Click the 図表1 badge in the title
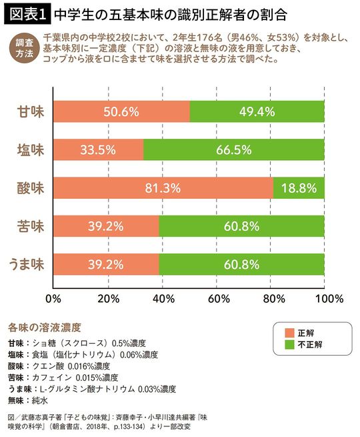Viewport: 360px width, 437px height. pyautogui.click(x=25, y=14)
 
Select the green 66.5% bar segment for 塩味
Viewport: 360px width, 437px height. pyautogui.click(x=233, y=149)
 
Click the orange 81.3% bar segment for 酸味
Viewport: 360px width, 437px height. pyautogui.click(x=163, y=188)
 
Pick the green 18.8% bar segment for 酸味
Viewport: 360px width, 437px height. pyautogui.click(x=299, y=188)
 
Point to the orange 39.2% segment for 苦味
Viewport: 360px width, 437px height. pyautogui.click(x=106, y=226)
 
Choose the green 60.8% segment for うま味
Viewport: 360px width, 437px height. pyautogui.click(x=241, y=265)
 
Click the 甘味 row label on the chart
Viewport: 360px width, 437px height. pyautogui.click(x=30, y=111)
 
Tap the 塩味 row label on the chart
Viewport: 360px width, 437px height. pyautogui.click(x=30, y=149)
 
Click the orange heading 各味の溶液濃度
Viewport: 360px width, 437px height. pyautogui.click(x=44, y=328)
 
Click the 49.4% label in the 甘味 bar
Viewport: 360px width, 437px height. pyautogui.click(x=257, y=111)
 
